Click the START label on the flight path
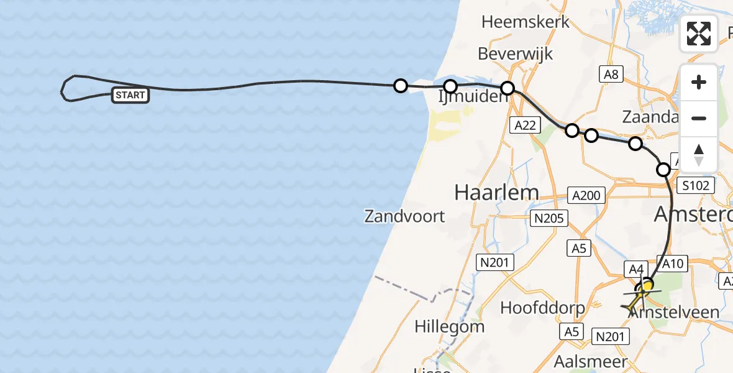(x=130, y=95)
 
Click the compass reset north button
(x=699, y=155)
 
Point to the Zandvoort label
(x=404, y=216)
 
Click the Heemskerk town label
(x=526, y=22)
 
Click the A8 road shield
(x=611, y=75)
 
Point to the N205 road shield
(x=548, y=218)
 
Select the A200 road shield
(x=586, y=196)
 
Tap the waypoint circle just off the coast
(x=401, y=85)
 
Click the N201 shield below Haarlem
(x=494, y=262)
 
